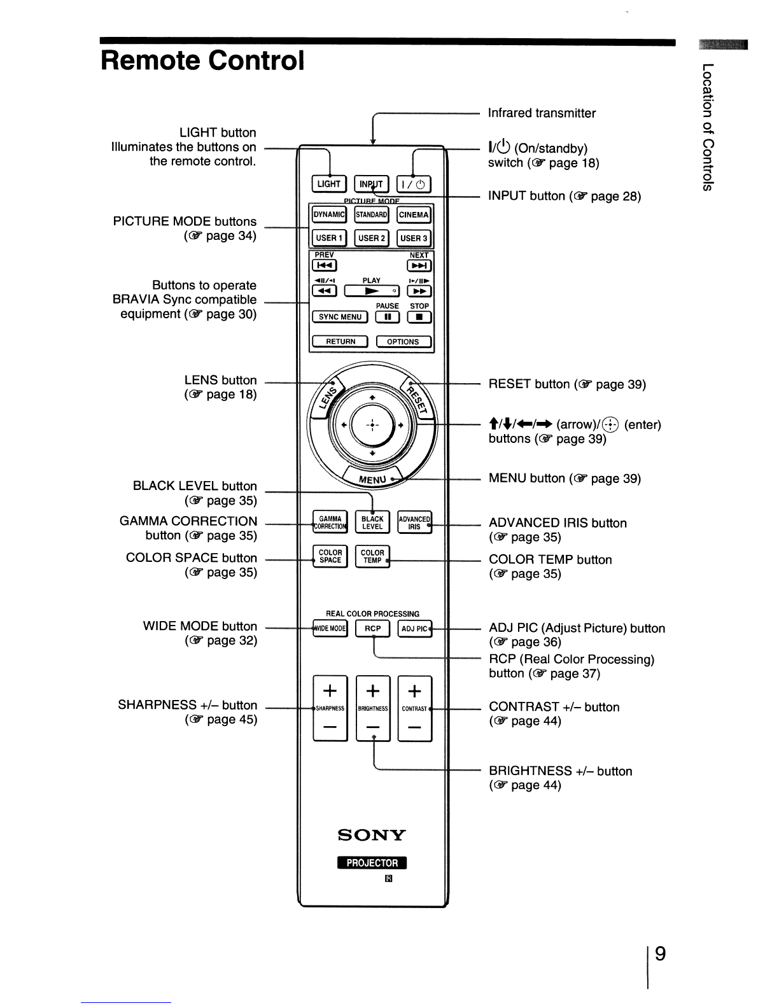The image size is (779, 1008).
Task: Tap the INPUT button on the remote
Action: [371, 184]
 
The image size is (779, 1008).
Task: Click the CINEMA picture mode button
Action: [414, 215]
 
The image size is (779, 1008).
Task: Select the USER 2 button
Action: [372, 238]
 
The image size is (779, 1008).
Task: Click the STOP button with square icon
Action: [419, 317]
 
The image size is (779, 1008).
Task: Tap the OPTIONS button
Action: [404, 342]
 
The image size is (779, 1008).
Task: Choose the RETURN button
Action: [340, 342]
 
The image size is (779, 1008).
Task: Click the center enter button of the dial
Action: [372, 424]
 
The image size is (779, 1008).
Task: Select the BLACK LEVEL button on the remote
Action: [372, 522]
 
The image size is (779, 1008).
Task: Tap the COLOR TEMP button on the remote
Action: [372, 556]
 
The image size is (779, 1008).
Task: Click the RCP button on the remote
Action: [372, 629]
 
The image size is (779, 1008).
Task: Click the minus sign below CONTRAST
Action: [414, 727]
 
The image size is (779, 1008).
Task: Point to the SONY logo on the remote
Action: [372, 835]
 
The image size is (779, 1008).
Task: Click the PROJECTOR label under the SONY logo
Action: [372, 863]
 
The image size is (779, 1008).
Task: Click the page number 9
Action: [660, 954]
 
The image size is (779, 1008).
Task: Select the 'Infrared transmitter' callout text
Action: [542, 113]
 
